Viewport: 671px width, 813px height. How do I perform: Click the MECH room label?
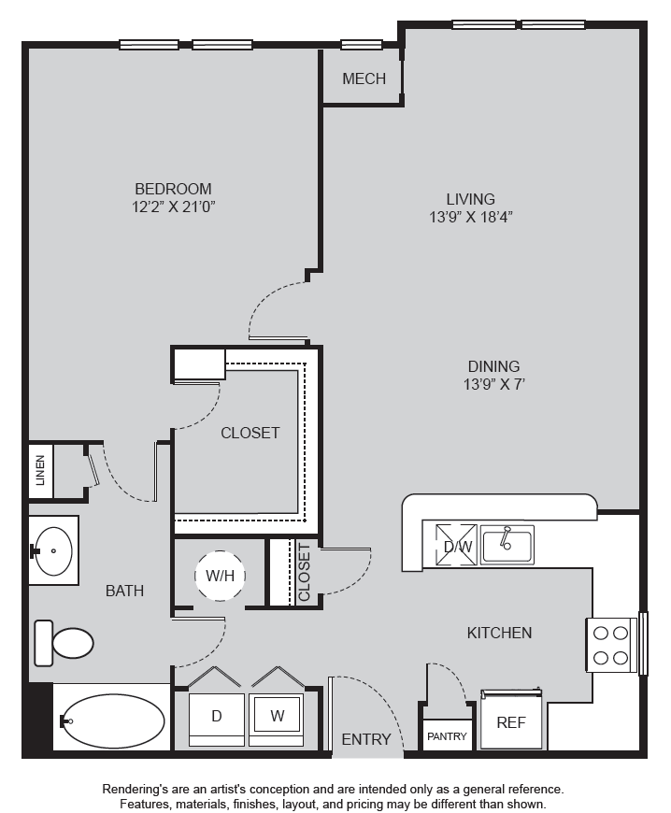pos(364,78)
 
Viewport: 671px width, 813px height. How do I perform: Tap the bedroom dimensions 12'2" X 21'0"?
pos(173,207)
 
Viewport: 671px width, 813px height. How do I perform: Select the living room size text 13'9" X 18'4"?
pos(471,217)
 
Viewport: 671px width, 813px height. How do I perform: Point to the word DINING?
pos(493,366)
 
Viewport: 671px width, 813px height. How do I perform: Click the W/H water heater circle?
pos(220,576)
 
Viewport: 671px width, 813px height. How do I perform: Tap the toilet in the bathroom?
pos(64,643)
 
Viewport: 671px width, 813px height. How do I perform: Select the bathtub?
pos(112,720)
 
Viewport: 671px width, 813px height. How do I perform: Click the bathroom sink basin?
pos(53,551)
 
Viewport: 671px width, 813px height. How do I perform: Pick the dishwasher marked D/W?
pos(456,545)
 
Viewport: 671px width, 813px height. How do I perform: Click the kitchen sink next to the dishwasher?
pos(507,545)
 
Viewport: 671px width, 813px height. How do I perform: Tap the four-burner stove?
pos(611,646)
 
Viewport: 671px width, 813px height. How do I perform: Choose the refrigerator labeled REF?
pos(511,720)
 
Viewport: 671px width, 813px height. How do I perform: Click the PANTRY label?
pos(447,736)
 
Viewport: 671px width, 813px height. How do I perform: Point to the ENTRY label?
pos(366,739)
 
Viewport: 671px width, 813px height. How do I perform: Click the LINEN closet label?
pos(40,470)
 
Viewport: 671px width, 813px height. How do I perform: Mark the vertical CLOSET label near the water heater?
pos(304,572)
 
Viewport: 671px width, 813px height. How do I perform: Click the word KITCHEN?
pos(499,633)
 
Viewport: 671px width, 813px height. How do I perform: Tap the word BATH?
pos(124,591)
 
